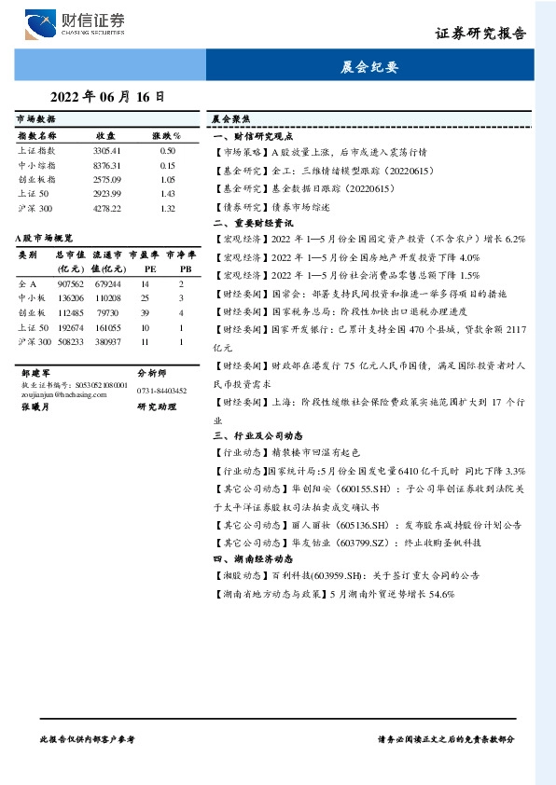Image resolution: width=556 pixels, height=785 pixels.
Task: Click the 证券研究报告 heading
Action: tap(480, 33)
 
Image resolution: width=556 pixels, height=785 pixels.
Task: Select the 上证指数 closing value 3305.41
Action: tap(106, 150)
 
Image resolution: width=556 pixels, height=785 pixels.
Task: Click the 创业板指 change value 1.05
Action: tap(168, 179)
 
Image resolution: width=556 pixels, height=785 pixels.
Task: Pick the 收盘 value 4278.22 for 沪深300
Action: tap(106, 208)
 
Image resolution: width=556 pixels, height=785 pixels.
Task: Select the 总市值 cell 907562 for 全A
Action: tap(70, 283)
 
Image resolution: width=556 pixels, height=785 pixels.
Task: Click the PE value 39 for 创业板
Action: tap(145, 312)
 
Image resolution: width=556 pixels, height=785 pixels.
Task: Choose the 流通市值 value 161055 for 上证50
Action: tap(108, 327)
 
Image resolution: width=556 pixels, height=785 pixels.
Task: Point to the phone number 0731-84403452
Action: tap(161, 391)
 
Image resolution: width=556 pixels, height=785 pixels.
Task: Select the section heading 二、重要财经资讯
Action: tap(254, 224)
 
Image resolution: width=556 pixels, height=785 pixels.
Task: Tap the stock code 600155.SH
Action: tap(326, 488)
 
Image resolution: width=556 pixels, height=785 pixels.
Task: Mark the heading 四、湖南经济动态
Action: tap(254, 558)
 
